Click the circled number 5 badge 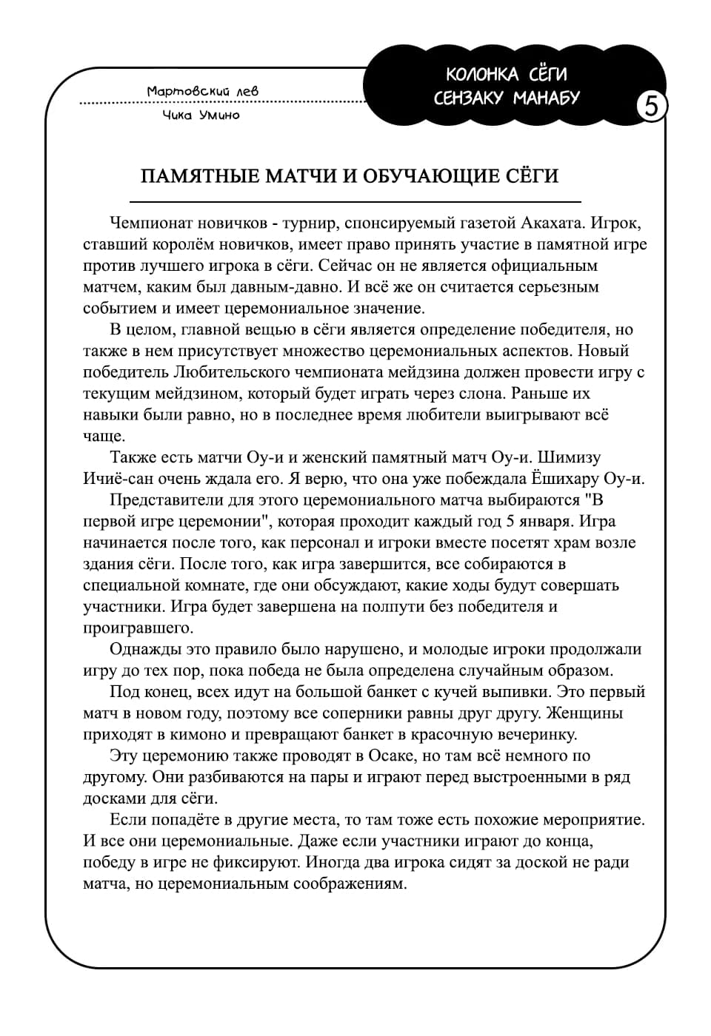[x=651, y=107]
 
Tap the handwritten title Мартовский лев [x=202, y=91]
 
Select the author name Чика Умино [x=201, y=115]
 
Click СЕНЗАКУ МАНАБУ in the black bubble [x=507, y=98]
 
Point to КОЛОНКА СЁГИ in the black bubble [x=507, y=74]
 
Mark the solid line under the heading [x=355, y=201]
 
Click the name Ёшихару [x=564, y=478]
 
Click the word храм [x=574, y=542]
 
